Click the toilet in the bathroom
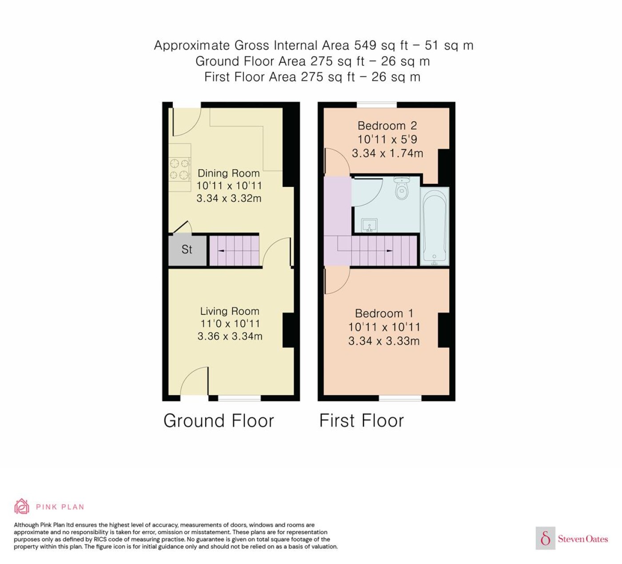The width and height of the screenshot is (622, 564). tap(402, 188)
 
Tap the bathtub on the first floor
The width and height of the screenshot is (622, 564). tap(435, 226)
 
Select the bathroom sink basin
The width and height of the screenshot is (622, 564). tap(369, 225)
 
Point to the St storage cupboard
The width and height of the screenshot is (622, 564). tap(187, 250)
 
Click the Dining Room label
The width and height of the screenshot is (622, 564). tap(228, 173)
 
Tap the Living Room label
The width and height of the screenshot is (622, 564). tap(229, 311)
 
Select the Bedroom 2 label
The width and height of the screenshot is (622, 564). tap(387, 126)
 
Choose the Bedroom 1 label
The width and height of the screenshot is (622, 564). tap(384, 313)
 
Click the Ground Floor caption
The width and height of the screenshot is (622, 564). tap(219, 421)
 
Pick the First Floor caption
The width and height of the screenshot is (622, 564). tap(362, 421)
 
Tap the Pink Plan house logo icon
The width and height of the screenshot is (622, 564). tap(22, 507)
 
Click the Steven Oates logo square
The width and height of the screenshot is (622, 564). tap(546, 538)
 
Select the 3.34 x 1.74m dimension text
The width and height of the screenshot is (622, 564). tap(387, 153)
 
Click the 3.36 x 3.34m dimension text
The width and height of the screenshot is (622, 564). tap(230, 336)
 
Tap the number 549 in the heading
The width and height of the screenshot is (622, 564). tap(365, 45)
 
